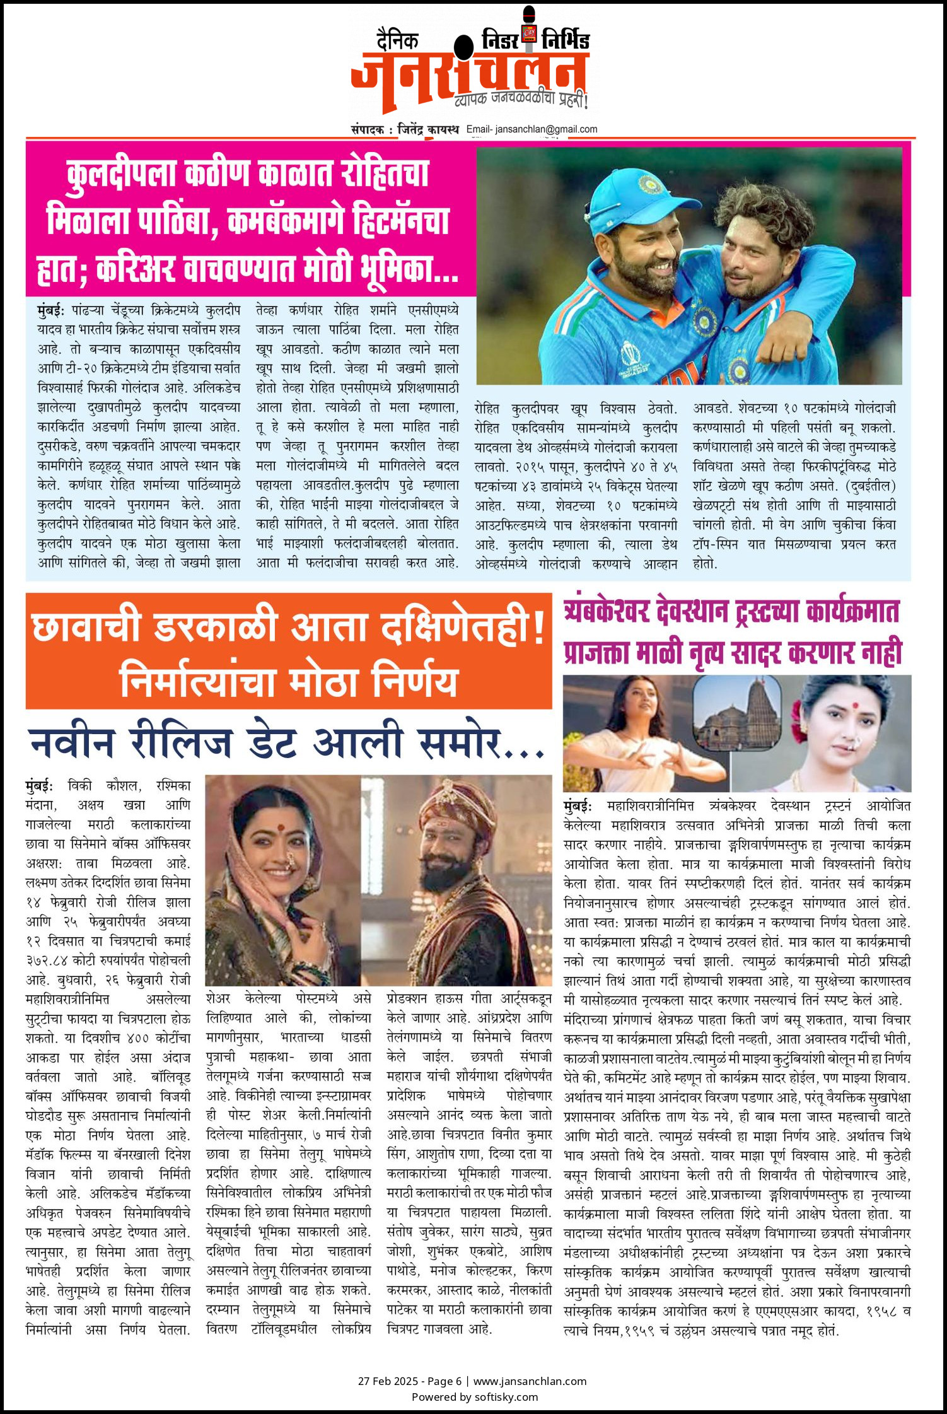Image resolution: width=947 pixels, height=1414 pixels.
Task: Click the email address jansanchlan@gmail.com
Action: (x=546, y=129)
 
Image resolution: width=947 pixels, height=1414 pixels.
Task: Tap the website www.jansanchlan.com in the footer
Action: (x=530, y=1381)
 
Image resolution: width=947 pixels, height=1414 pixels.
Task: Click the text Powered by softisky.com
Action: (x=474, y=1396)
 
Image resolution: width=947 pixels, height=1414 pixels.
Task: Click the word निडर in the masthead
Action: (x=500, y=40)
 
